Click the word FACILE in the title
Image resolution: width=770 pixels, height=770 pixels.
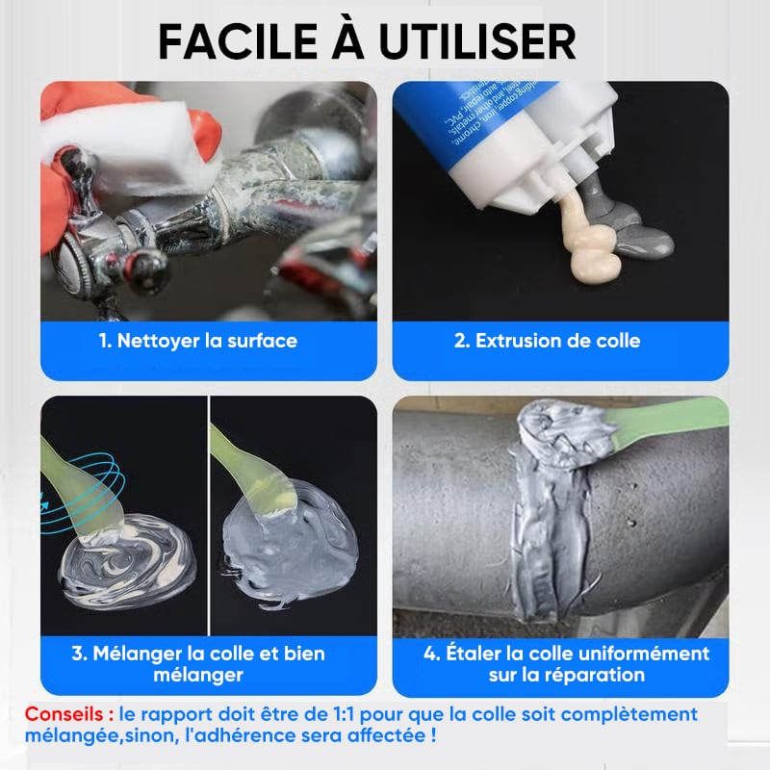(x=238, y=41)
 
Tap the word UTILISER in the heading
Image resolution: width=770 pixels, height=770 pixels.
(x=477, y=41)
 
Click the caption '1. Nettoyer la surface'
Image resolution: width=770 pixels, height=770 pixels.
(x=198, y=341)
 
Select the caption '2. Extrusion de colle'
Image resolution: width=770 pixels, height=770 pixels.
(x=547, y=341)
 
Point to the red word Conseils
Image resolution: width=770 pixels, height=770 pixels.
(x=64, y=713)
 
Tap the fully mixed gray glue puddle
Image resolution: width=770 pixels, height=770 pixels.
(x=291, y=545)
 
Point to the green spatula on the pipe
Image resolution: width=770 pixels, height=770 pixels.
(x=668, y=419)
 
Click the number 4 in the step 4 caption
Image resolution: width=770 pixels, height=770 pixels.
(x=430, y=654)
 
